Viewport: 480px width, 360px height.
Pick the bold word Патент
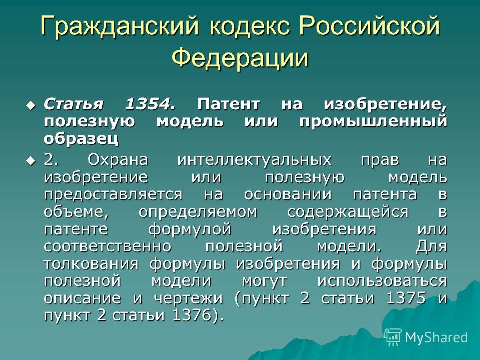pos(228,104)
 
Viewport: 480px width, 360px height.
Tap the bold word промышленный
pos(373,122)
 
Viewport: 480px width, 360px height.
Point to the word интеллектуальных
pos(254,160)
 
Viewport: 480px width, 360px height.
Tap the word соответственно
pos(108,246)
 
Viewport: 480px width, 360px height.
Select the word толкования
pos(91,264)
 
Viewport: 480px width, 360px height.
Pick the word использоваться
pos(382,281)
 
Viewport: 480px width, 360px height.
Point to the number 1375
pos(406,298)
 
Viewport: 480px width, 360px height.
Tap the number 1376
pos(192,315)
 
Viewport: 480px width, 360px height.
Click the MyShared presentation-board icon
pos(393,337)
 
